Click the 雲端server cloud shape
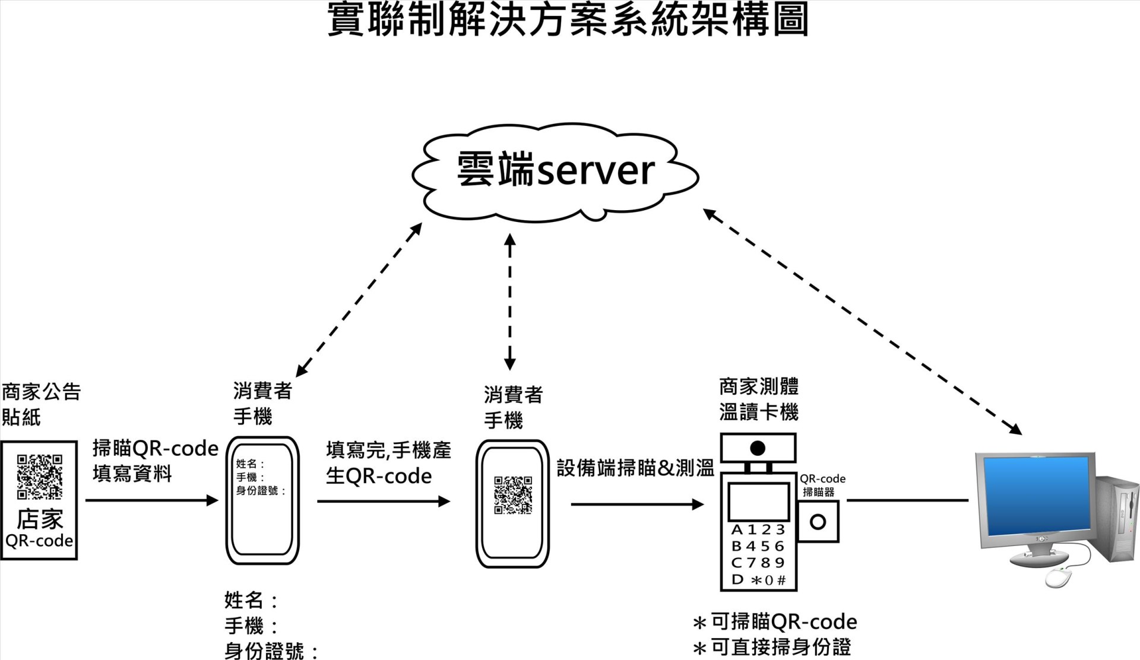tap(555, 172)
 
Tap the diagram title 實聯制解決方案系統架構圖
tap(568, 20)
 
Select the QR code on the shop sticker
tap(39, 477)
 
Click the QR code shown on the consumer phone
tap(513, 494)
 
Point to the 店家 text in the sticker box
tap(39, 519)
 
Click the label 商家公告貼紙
tap(40, 405)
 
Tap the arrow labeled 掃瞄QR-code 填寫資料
tap(152, 500)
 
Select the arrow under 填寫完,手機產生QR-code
tap(384, 502)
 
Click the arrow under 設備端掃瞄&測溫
tap(637, 504)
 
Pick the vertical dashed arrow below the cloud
tap(510, 302)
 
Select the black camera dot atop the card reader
tap(758, 448)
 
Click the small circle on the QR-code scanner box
tap(818, 522)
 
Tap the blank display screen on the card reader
tap(758, 502)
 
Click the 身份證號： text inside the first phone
tap(261, 491)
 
